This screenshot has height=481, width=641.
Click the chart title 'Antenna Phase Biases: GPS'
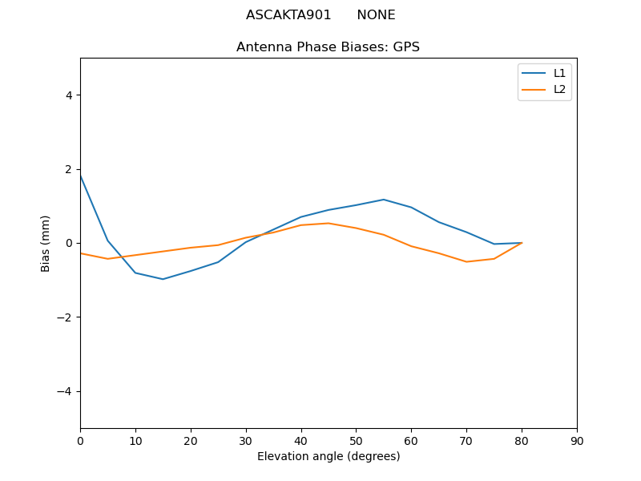tap(328, 47)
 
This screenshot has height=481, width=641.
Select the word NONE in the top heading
tap(376, 15)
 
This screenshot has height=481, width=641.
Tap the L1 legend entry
tap(559, 73)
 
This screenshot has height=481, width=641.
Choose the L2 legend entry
tap(559, 89)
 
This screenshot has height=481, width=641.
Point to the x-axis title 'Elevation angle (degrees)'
tap(329, 457)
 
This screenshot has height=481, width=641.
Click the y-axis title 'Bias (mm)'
tap(46, 243)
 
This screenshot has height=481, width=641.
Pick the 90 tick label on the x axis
tap(577, 441)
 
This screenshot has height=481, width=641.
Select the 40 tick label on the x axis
tap(301, 441)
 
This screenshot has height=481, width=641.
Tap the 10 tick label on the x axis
tap(135, 441)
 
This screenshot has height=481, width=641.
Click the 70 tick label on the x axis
tap(466, 441)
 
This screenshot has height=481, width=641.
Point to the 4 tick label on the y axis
tap(69, 95)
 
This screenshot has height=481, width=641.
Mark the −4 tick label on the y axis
tap(66, 391)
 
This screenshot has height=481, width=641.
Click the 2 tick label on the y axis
tap(69, 169)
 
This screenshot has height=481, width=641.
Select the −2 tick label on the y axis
tap(66, 317)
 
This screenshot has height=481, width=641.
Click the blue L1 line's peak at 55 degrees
tap(384, 200)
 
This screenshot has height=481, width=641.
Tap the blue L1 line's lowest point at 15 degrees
tap(163, 279)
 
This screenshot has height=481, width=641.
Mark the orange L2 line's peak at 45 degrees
tap(329, 223)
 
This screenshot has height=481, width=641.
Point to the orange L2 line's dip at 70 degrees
tap(466, 261)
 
